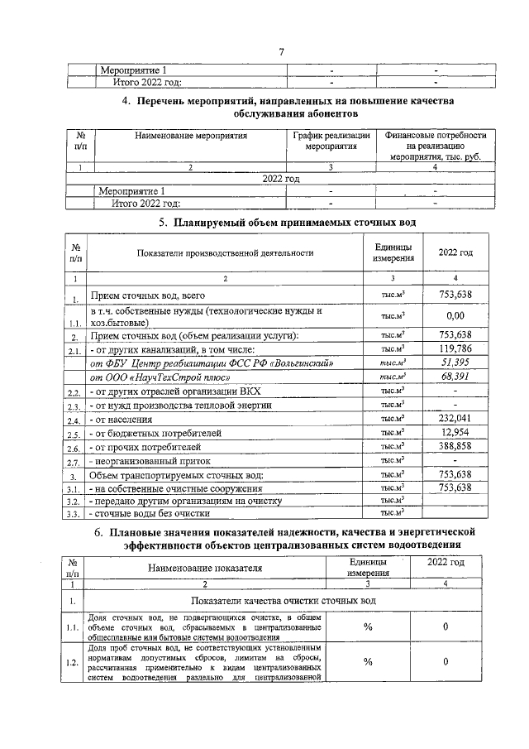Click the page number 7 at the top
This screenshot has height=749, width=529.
[281, 53]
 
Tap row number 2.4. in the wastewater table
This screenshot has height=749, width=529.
[76, 420]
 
